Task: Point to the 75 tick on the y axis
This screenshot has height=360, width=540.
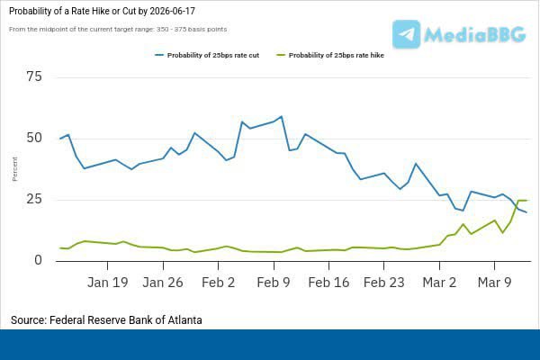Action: (x=35, y=76)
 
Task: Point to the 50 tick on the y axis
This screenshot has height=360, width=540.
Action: (x=35, y=138)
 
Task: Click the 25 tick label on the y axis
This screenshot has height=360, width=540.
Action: (x=35, y=199)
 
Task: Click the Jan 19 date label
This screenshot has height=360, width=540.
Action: (x=108, y=282)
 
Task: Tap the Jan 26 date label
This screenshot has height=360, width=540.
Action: (x=163, y=282)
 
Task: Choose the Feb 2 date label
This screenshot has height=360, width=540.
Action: (x=219, y=282)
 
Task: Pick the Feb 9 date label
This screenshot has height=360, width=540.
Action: (x=274, y=282)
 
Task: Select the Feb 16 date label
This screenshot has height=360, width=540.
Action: (x=328, y=282)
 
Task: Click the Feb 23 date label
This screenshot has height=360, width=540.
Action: (x=384, y=282)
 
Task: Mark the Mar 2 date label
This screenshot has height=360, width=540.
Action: (x=439, y=282)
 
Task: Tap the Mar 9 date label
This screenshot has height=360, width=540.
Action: (x=494, y=282)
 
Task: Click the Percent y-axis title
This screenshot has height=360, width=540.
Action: (x=14, y=168)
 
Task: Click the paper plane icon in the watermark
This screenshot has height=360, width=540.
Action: (x=407, y=34)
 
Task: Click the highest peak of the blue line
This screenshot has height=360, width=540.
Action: (x=282, y=117)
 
